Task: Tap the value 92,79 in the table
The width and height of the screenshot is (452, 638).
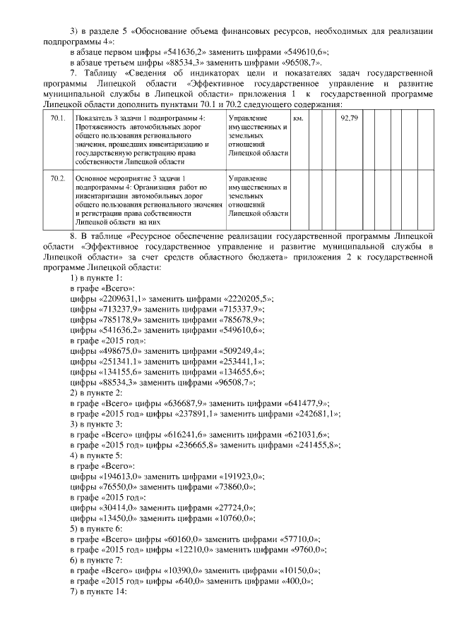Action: (x=348, y=118)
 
